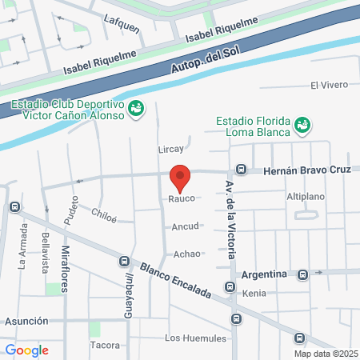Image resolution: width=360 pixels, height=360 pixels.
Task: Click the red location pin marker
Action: click(181, 177)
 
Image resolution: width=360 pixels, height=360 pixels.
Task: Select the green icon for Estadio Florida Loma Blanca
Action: click(302, 125)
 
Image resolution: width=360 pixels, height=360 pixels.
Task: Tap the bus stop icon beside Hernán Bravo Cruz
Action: click(241, 170)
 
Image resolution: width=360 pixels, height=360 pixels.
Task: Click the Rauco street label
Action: click(181, 198)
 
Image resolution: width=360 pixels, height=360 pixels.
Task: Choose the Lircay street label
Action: click(171, 149)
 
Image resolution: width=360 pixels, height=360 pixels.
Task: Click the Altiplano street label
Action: click(304, 196)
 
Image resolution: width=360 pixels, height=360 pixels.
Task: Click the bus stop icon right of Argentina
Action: click(302, 274)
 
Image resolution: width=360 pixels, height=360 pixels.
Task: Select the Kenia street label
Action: click(254, 294)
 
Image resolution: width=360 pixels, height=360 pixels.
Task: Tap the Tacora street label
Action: click(105, 346)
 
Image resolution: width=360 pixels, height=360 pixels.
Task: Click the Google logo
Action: click(26, 350)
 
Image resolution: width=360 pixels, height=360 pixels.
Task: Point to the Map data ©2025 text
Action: click(326, 353)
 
